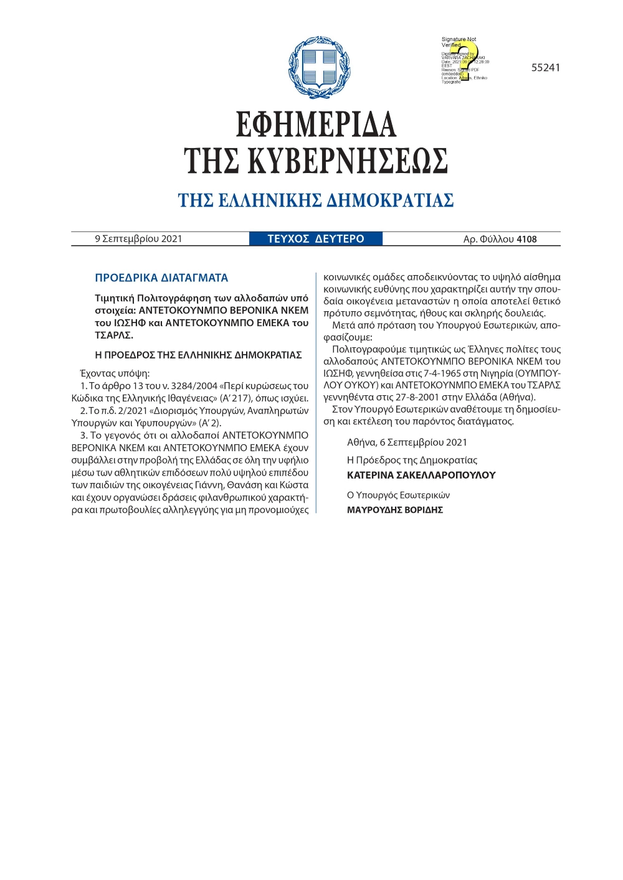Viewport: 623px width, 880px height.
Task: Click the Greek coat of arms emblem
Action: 319,67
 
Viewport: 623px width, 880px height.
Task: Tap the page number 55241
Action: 545,68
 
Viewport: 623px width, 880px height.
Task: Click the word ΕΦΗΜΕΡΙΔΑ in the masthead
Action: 316,124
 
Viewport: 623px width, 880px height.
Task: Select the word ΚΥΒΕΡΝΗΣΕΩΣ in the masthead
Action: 348,161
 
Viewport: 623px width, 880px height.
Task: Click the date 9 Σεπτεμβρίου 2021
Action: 138,239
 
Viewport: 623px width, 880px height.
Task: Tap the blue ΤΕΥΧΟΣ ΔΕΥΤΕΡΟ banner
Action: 316,239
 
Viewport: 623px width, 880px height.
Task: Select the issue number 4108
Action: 526,239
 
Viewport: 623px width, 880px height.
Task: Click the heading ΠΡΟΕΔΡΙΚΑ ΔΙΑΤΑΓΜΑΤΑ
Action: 161,278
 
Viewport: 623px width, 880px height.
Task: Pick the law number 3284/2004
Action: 189,386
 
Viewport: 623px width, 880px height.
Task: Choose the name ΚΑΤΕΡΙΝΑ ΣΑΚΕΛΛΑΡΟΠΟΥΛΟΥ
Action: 421,475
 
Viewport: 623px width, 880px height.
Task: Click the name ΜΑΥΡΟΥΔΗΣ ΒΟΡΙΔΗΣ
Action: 395,510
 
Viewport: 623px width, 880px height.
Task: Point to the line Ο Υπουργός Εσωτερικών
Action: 398,495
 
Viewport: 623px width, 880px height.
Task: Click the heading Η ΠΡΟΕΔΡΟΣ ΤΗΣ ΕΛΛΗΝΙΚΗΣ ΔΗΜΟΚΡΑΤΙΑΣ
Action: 198,355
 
